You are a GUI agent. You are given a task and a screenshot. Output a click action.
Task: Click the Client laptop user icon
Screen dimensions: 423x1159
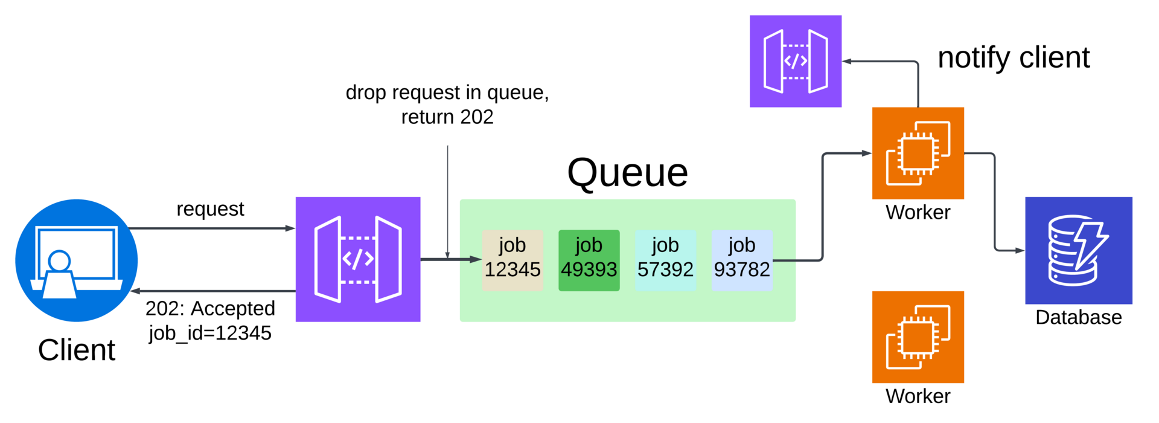click(77, 260)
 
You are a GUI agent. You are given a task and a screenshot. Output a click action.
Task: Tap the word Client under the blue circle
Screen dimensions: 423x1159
click(77, 350)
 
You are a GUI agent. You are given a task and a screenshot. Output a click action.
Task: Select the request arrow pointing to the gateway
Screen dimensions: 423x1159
click(211, 228)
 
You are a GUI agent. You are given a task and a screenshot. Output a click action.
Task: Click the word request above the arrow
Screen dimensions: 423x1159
click(210, 209)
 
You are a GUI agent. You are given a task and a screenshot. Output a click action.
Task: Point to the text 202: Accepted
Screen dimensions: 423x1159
click(210, 309)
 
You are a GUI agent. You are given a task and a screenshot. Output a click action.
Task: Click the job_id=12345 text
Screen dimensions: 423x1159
click(210, 333)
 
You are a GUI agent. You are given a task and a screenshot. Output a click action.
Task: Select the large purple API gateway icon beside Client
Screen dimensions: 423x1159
click(358, 259)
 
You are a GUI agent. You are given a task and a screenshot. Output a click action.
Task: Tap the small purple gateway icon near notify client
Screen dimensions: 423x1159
click(795, 61)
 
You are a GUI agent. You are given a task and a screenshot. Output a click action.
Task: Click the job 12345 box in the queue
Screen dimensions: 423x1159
click(512, 260)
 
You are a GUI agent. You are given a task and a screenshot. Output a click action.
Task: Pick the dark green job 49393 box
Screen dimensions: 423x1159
click(589, 260)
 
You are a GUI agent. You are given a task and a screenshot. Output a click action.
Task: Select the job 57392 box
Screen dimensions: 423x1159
click(665, 260)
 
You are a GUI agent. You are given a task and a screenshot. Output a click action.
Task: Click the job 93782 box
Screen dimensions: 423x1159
click(742, 260)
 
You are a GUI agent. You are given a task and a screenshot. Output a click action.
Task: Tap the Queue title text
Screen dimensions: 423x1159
click(627, 173)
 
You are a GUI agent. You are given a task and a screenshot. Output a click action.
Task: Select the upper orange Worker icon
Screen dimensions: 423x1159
click(918, 153)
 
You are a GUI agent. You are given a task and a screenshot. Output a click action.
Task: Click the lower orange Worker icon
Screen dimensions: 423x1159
click(918, 337)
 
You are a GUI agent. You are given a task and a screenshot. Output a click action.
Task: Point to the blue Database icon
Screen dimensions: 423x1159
click(1078, 250)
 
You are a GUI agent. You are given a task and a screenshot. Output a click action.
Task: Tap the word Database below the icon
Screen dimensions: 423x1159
click(1078, 317)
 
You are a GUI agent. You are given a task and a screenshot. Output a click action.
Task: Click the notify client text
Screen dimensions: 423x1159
click(1014, 58)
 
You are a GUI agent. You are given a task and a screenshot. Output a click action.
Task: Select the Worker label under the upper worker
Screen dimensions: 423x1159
click(918, 212)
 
